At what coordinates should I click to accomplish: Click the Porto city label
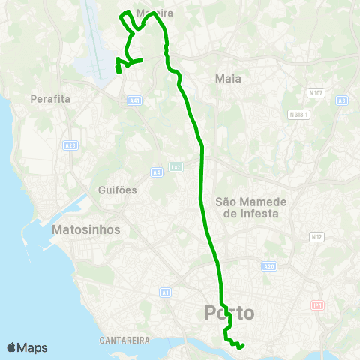[229, 313]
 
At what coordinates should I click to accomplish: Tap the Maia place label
[227, 78]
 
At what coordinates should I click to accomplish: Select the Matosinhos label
[86, 229]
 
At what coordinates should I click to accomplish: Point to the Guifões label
[118, 190]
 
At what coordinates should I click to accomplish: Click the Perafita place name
[50, 98]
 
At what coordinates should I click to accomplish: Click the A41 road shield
[134, 100]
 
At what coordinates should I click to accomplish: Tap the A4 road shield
[157, 172]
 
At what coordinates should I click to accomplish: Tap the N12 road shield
[317, 237]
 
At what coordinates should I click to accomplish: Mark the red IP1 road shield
[317, 306]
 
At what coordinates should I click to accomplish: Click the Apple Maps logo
[27, 347]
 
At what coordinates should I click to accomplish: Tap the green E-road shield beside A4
[175, 167]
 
